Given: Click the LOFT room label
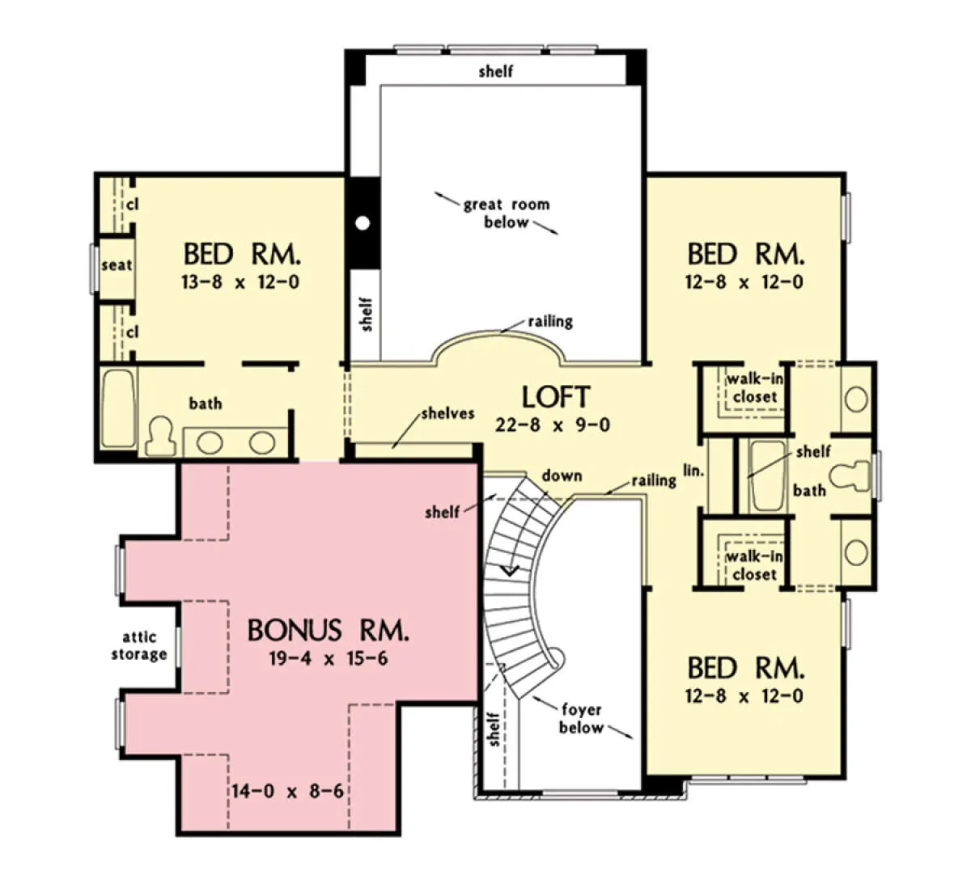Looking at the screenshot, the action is pos(556,396).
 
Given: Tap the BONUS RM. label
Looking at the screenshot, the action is pos(328,631).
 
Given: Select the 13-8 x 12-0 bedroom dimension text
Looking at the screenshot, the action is pos(240,282).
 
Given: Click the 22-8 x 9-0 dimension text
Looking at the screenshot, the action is pos(553,425).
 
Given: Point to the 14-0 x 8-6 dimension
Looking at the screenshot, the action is pos(287,791).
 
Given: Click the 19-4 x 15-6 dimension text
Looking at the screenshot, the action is pos(329,658).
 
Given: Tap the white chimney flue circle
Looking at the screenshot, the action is pos(363,223).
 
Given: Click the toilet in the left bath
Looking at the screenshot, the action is pos(160,436).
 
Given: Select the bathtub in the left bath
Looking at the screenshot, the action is pos(118,408).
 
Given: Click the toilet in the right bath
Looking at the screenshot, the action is pos(850,476).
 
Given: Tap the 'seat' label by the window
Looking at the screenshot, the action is pos(117,265).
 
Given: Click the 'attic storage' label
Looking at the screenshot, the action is pos(139,645).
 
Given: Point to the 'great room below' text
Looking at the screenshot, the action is pos(507,213).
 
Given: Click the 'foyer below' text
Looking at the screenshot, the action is pos(581,718).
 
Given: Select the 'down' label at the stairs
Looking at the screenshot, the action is pos(562,475).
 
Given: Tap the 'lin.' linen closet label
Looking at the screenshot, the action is pos(693,471).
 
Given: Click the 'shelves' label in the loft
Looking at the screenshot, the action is pos(447,413).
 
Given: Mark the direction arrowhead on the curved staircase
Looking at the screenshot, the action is pos(511,570).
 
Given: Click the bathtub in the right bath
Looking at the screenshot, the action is pos(766,475).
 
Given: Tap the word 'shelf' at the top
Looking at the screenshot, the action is pos(496,71).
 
